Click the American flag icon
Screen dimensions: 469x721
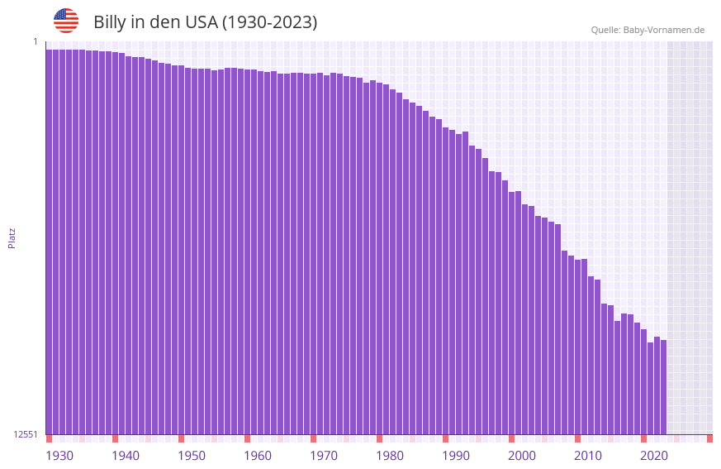(66, 21)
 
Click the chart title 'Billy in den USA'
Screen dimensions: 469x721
(205, 22)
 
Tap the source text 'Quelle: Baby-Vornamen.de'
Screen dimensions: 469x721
(647, 30)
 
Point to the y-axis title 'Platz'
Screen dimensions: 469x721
(12, 237)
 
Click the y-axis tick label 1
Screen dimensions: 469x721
(35, 41)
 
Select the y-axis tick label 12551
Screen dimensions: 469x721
(25, 434)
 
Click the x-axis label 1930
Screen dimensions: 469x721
(59, 456)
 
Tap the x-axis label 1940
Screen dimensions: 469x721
(126, 456)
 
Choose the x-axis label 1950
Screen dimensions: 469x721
(192, 456)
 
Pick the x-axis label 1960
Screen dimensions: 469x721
(258, 456)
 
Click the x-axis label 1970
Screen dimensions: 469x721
(324, 456)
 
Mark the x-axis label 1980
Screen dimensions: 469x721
(390, 456)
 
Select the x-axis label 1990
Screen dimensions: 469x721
(456, 456)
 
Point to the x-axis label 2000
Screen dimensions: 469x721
(522, 456)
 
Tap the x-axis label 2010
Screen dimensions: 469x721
(588, 456)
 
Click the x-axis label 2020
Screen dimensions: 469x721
(654, 456)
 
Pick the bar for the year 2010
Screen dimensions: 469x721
(577, 347)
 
